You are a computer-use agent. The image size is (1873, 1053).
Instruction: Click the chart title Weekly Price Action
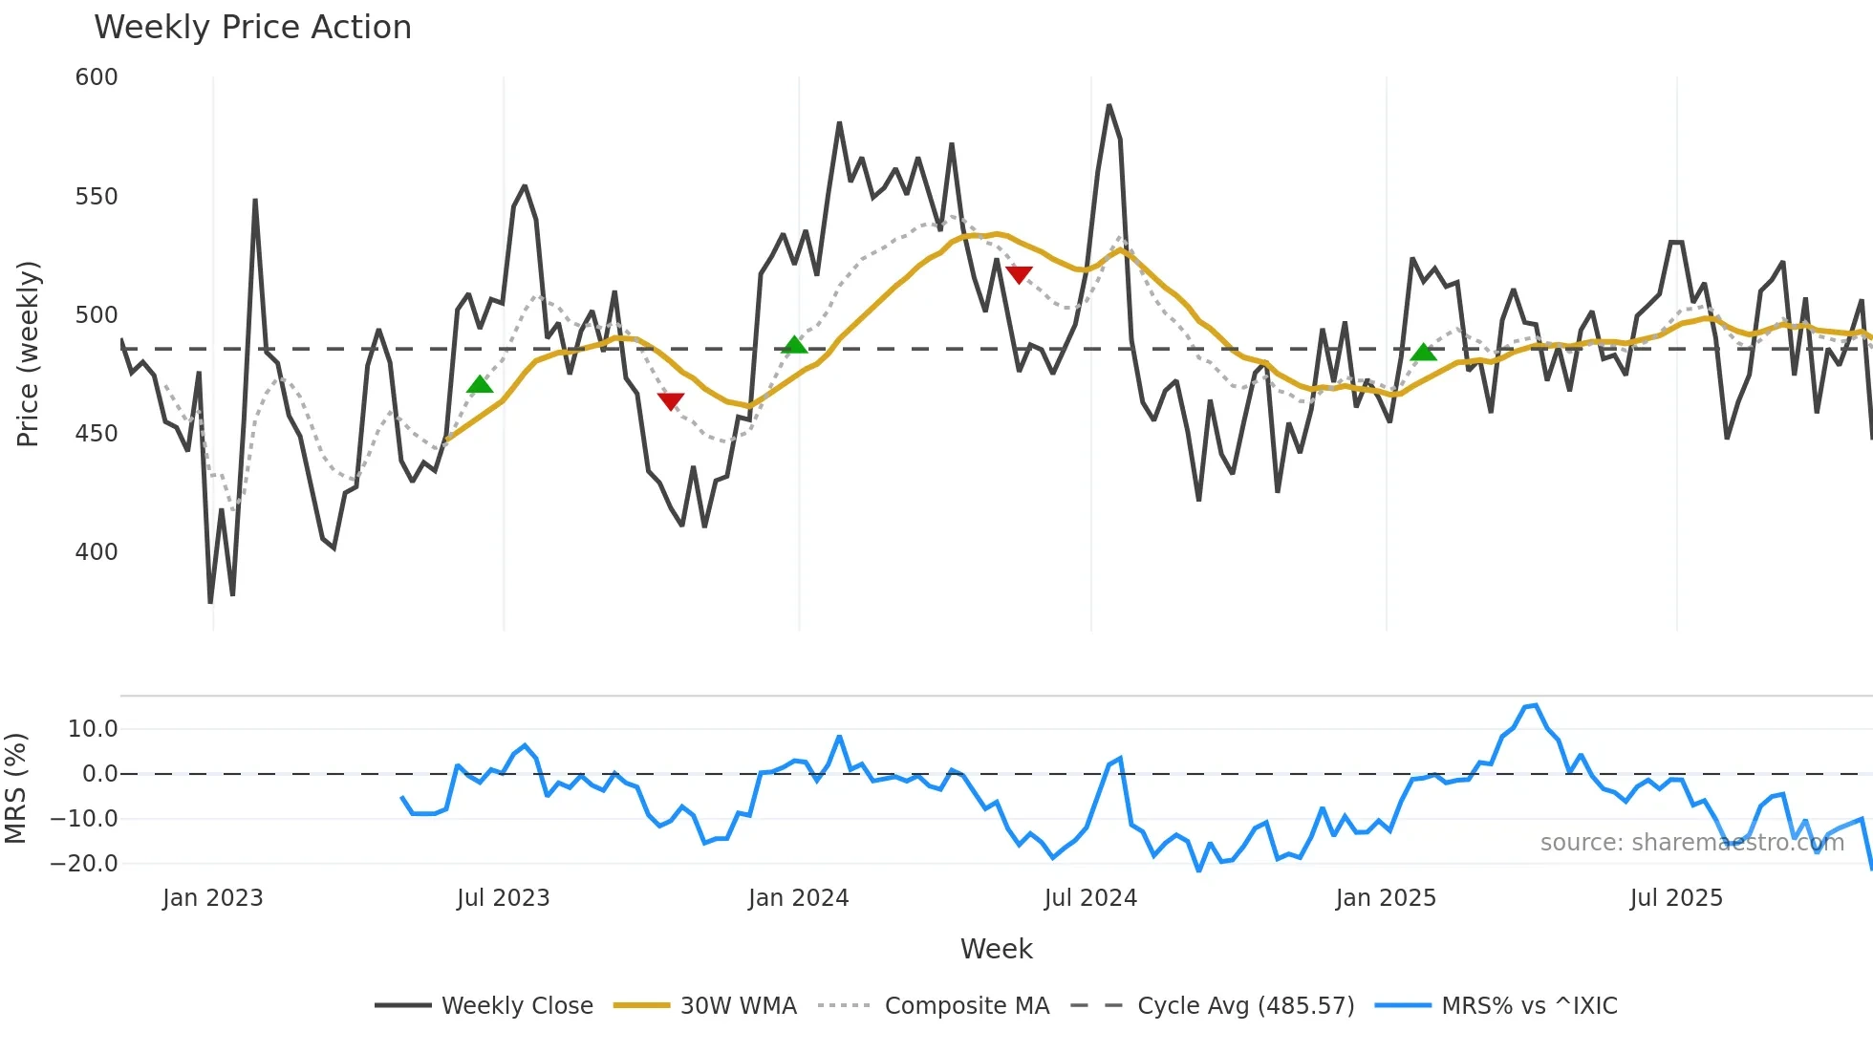tap(252, 28)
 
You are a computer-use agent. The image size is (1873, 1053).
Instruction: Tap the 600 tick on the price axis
tap(97, 77)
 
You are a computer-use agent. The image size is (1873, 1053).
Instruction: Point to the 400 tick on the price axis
tap(97, 552)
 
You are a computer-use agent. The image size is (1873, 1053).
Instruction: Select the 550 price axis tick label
tap(97, 197)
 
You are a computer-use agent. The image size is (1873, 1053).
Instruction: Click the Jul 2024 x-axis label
tap(1090, 898)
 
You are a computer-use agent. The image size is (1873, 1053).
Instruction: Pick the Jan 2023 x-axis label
tap(212, 898)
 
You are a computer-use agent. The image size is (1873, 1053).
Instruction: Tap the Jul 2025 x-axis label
tap(1676, 898)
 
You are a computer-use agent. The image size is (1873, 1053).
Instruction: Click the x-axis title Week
tap(996, 949)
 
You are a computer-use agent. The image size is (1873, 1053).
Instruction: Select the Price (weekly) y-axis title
tap(28, 354)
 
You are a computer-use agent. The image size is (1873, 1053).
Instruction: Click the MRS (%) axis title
tap(15, 788)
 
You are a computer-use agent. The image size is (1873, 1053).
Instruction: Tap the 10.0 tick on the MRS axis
tap(93, 729)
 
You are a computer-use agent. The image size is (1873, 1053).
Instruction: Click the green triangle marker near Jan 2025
tap(1423, 353)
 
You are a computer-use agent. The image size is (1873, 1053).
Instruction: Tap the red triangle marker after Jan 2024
tap(1019, 275)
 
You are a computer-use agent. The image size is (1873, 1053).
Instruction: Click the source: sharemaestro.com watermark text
tap(1691, 843)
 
